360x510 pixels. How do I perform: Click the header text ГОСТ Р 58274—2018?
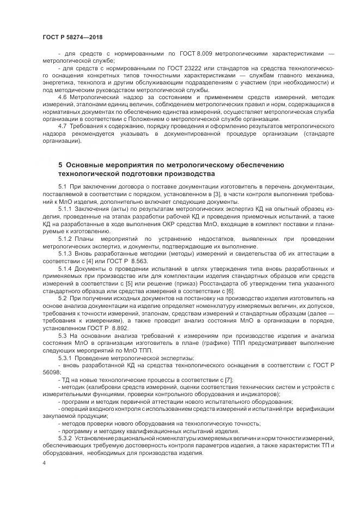click(x=72, y=37)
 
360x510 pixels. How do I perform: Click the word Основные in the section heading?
click(x=89, y=164)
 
